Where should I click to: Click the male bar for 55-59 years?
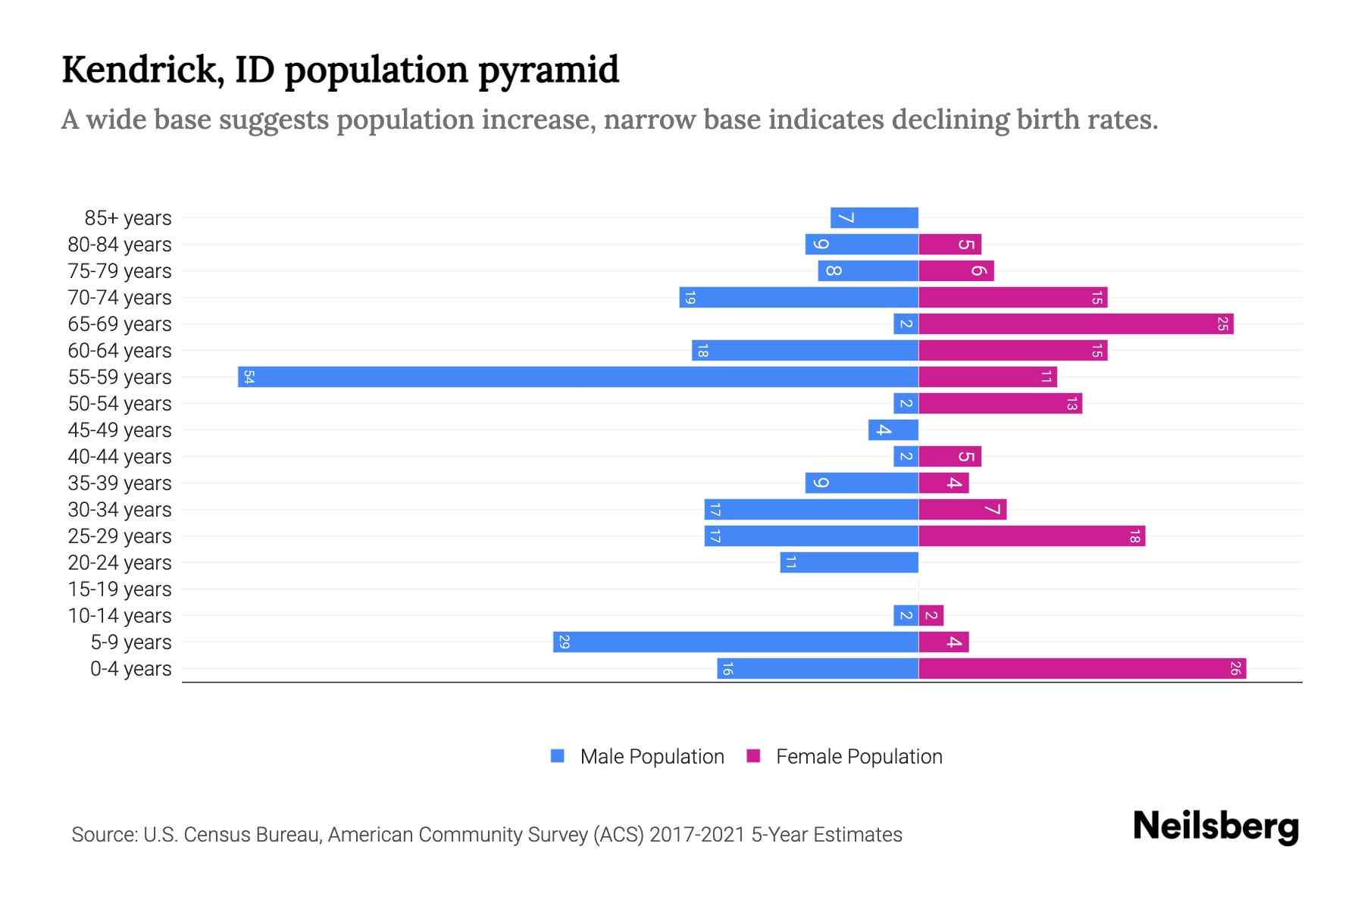pyautogui.click(x=578, y=376)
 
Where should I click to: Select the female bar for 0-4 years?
pyautogui.click(x=1082, y=668)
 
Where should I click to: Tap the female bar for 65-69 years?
pyautogui.click(x=1076, y=323)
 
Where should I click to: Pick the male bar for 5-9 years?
pyautogui.click(x=736, y=642)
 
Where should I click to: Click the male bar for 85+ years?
pyautogui.click(x=874, y=217)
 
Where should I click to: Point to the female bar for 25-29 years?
pyautogui.click(x=1031, y=536)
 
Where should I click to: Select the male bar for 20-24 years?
pyautogui.click(x=849, y=562)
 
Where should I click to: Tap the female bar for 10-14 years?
pyautogui.click(x=931, y=615)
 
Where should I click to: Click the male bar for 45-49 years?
pyautogui.click(x=893, y=430)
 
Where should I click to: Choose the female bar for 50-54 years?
pyautogui.click(x=1000, y=403)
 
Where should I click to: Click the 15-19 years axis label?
pyautogui.click(x=120, y=589)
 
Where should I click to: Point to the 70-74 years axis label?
pyautogui.click(x=120, y=297)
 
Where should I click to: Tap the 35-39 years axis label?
pyautogui.click(x=120, y=483)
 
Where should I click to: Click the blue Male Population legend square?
pyautogui.click(x=558, y=756)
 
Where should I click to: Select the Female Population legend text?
pyautogui.click(x=859, y=756)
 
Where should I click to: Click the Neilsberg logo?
pyautogui.click(x=1215, y=826)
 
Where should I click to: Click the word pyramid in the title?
pyautogui.click(x=549, y=70)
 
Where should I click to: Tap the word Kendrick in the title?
pyautogui.click(x=142, y=69)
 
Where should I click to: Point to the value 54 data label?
pyautogui.click(x=249, y=376)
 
